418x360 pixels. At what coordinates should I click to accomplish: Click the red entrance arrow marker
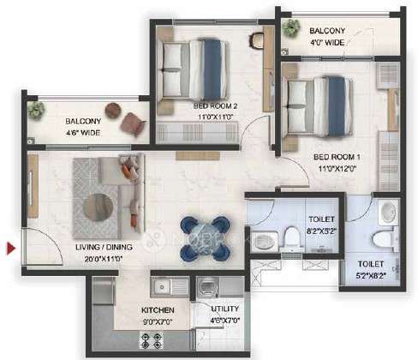(x=11, y=249)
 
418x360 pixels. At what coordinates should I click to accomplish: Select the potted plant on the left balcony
(x=37, y=109)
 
